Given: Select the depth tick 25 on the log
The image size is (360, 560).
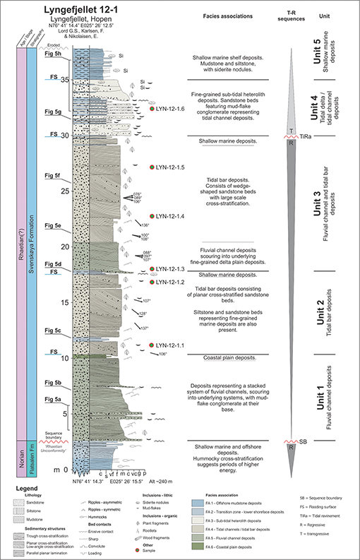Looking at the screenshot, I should (x=64, y=191).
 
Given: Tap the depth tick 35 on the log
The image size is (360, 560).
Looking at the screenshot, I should (x=64, y=80).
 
